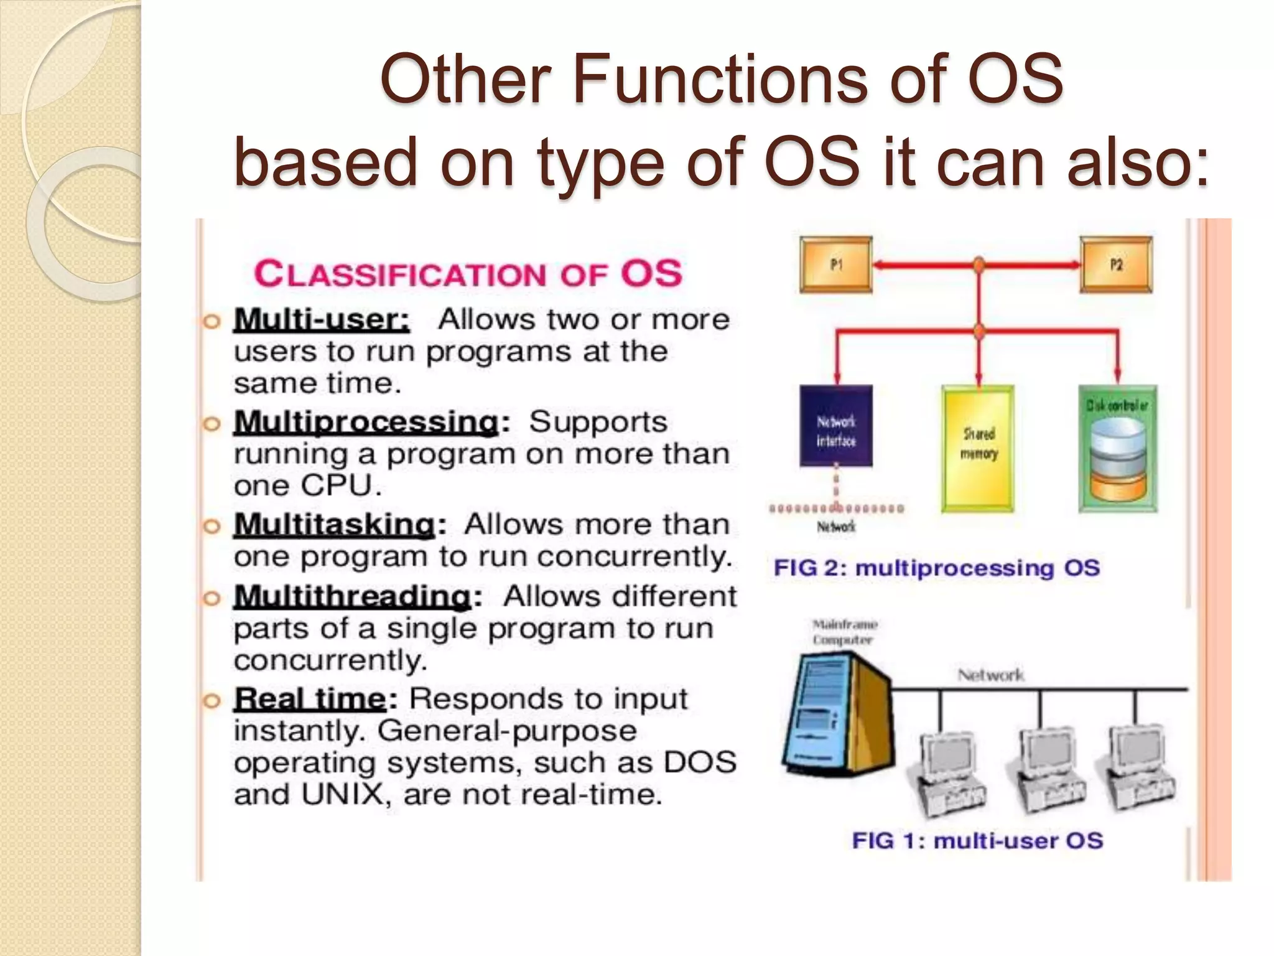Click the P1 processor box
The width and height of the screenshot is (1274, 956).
click(835, 265)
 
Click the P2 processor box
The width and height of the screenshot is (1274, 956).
click(1116, 265)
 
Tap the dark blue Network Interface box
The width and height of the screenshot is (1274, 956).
click(835, 426)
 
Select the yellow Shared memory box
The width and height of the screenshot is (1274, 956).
click(978, 448)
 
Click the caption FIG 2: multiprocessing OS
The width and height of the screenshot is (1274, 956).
click(936, 568)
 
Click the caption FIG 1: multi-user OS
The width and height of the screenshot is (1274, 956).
click(977, 841)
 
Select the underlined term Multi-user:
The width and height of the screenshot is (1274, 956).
click(322, 320)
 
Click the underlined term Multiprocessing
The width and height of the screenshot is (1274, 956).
click(366, 422)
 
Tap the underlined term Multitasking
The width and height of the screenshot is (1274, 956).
click(335, 524)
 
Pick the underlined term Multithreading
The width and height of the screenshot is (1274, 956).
click(353, 596)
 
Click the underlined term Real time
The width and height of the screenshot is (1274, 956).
click(310, 699)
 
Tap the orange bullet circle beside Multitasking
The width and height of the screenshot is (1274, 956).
click(212, 527)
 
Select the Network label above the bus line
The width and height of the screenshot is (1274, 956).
click(990, 675)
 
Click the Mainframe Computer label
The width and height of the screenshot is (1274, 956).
click(845, 632)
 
